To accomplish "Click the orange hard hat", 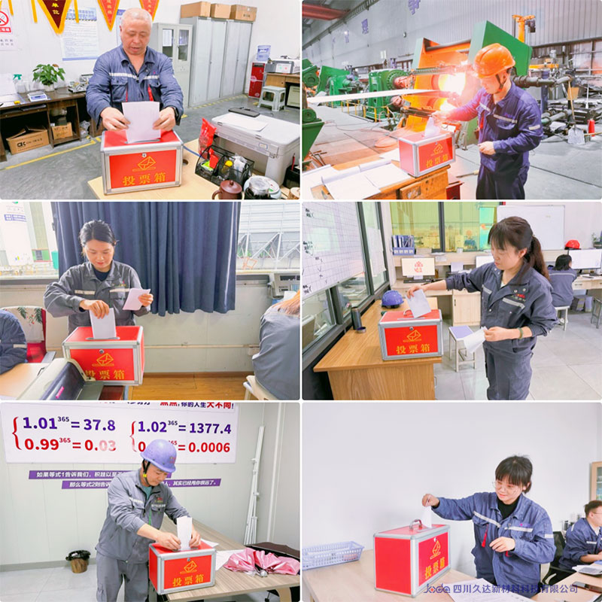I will point(493,59).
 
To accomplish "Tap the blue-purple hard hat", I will point(160,454).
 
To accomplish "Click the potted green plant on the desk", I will point(49,75).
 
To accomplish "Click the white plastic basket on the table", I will point(332,555).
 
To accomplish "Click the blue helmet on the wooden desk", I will point(392,299).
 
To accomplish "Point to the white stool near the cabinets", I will point(272,98).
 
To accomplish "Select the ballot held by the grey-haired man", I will point(141,120).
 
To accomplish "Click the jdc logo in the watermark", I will point(436,588).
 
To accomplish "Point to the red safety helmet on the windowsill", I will point(573,244).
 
